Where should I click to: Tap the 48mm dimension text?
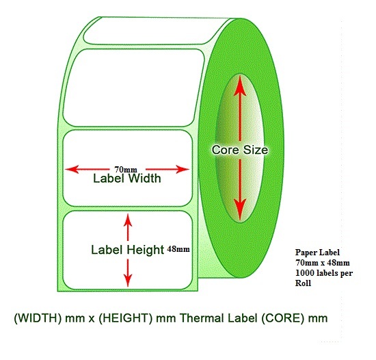(178, 249)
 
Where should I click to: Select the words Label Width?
(127, 179)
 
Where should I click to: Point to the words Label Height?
(127, 250)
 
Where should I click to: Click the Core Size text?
(239, 150)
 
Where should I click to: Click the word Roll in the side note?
(303, 282)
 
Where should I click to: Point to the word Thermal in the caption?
(202, 318)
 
